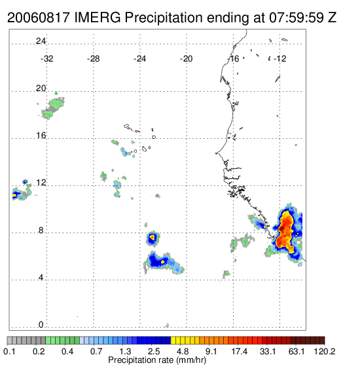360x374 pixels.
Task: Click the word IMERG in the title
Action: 98,18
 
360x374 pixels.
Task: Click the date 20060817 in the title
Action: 39,18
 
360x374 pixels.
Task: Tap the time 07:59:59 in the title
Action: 297,18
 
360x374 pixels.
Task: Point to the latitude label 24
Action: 41,41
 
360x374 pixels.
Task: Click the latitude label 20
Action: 41,88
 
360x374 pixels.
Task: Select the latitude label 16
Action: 41,136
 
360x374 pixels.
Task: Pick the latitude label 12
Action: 41,183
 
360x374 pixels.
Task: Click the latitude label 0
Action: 41,325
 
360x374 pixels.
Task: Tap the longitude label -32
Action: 46,59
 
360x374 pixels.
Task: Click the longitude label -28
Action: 93,59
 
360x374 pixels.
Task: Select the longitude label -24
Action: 139,59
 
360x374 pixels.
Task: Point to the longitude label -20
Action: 186,59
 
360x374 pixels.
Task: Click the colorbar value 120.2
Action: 325,351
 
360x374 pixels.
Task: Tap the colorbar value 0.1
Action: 9,351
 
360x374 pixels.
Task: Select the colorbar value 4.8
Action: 183,351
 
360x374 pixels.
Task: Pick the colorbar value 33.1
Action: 268,351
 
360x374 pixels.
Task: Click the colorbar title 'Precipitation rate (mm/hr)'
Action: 157,360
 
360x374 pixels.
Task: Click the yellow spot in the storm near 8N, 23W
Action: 153,237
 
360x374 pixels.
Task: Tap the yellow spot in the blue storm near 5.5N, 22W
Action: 163,261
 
